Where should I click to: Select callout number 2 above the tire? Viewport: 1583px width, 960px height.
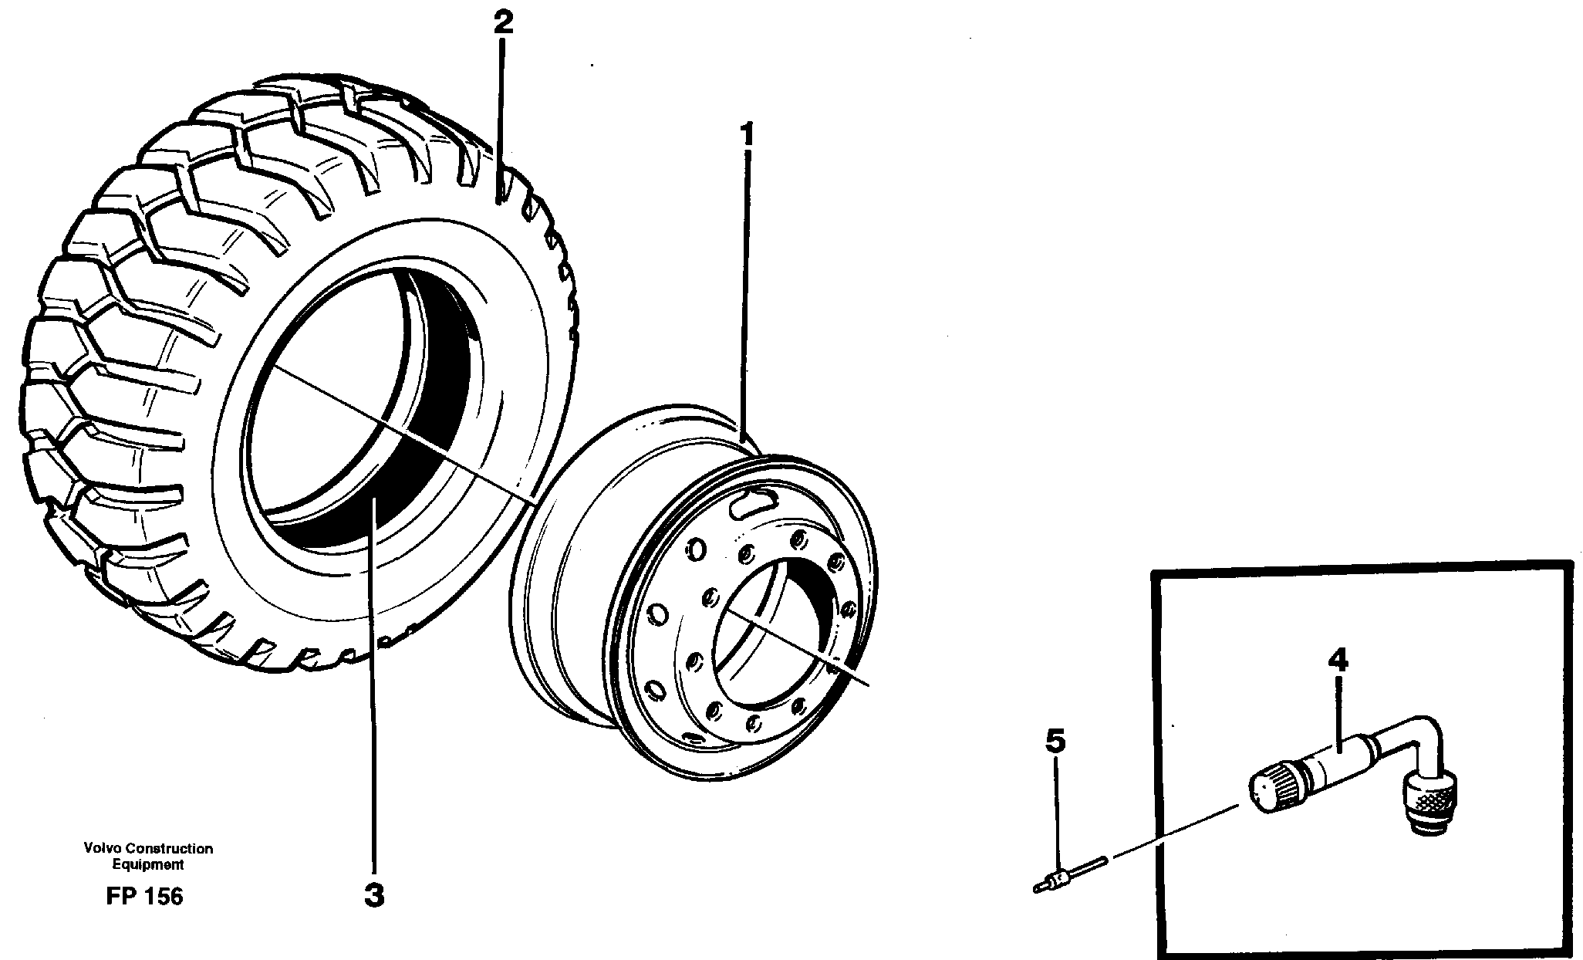point(502,22)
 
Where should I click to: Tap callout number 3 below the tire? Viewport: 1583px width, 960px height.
point(373,896)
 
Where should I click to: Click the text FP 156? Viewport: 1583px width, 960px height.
point(144,896)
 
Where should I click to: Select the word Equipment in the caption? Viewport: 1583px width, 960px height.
point(148,864)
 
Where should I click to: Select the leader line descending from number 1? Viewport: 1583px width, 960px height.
point(744,293)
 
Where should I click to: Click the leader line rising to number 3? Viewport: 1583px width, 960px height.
point(373,695)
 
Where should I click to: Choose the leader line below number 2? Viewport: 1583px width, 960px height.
point(501,116)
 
